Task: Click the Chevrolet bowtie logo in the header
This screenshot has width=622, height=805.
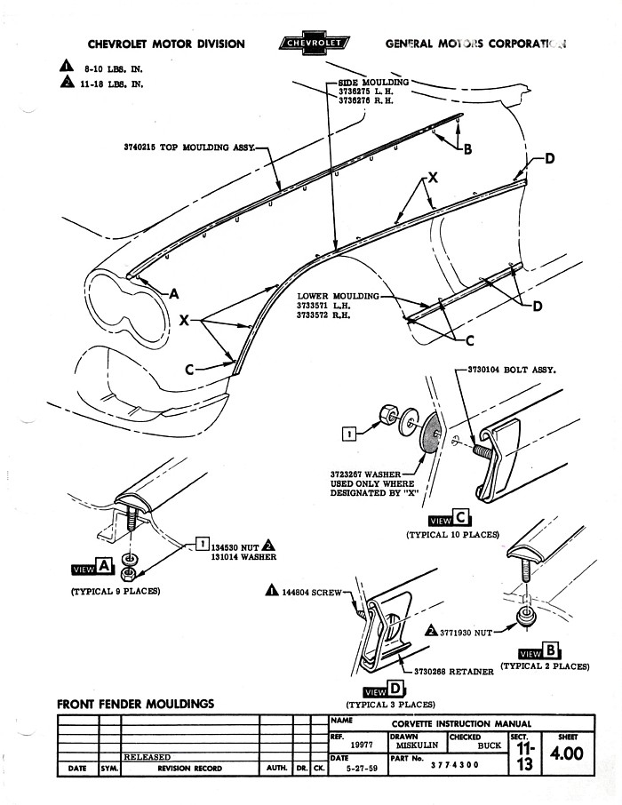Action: point(315,43)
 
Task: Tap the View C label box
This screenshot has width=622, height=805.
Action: point(449,520)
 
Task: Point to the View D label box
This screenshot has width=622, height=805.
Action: point(384,690)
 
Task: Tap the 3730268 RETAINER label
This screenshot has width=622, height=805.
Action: point(453,672)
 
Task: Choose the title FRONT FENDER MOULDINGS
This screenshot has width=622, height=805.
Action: point(135,704)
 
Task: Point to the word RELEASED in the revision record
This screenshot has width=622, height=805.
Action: point(148,757)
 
